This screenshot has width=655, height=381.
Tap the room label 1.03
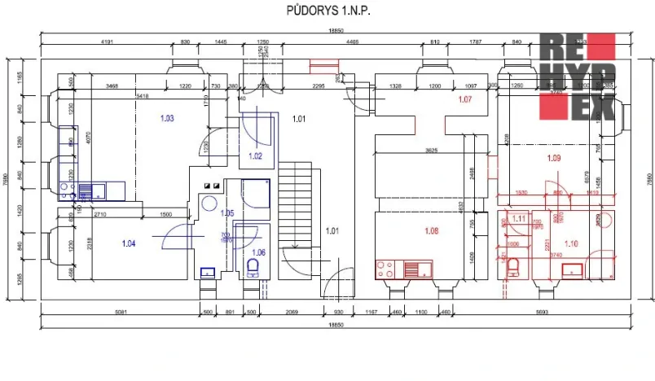pyautogui.click(x=167, y=119)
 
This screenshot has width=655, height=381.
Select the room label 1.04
pyautogui.click(x=129, y=243)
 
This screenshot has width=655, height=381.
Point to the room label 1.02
pyautogui.click(x=255, y=155)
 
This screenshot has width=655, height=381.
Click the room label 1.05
pyautogui.click(x=226, y=213)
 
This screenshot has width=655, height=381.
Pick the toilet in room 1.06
pyautogui.click(x=252, y=267)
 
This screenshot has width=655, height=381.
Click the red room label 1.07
pyautogui.click(x=465, y=100)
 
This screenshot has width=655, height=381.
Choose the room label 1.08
pyautogui.click(x=432, y=231)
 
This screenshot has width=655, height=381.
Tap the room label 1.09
pyautogui.click(x=554, y=157)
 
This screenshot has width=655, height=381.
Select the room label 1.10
pyautogui.click(x=570, y=243)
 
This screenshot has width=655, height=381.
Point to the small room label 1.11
pyautogui.click(x=518, y=218)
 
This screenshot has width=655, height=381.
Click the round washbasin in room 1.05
pyautogui.click(x=209, y=204)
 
